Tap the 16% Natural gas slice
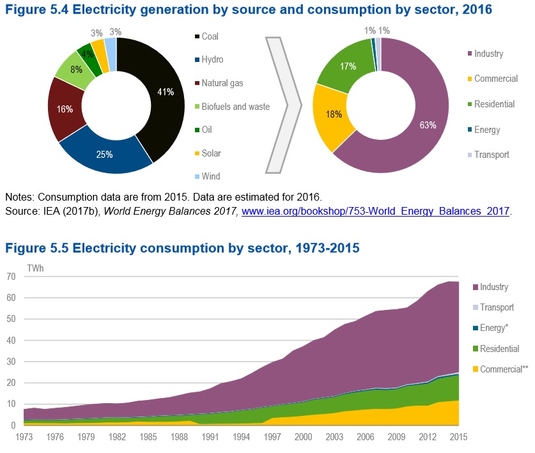(x=63, y=109)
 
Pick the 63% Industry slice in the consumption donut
(x=422, y=125)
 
